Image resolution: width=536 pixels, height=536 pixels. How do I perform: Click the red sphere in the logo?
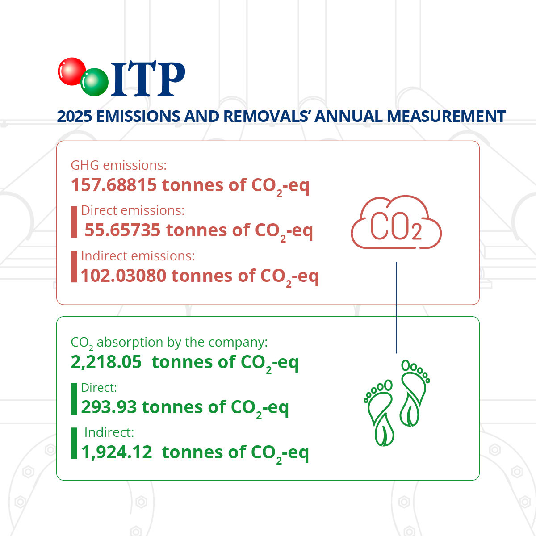[71, 71]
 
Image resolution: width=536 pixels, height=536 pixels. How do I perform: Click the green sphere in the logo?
[94, 82]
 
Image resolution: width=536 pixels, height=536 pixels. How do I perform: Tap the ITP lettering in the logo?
[148, 79]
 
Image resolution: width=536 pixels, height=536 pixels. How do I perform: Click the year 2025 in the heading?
[74, 116]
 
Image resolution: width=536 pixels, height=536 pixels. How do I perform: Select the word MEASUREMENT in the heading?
[446, 116]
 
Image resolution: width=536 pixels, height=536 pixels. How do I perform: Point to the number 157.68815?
[114, 185]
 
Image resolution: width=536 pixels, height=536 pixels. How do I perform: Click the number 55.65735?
[122, 230]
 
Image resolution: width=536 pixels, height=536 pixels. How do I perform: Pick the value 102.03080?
[123, 276]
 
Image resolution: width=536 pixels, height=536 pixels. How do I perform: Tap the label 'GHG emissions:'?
[119, 165]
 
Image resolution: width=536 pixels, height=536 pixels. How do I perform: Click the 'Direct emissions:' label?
[133, 210]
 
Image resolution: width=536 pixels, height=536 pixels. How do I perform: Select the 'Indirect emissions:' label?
[138, 256]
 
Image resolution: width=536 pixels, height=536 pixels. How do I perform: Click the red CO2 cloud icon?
[396, 222]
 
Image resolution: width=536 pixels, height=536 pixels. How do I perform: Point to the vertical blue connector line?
[396, 307]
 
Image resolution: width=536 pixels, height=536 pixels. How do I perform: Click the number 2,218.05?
[106, 362]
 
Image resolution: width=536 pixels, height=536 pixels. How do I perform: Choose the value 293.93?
[109, 407]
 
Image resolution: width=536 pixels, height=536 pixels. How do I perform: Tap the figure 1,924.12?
[117, 452]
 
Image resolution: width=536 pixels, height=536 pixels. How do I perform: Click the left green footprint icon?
[379, 413]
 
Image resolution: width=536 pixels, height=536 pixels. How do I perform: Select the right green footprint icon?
[415, 393]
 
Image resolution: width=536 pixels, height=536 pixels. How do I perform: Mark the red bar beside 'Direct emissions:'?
[74, 222]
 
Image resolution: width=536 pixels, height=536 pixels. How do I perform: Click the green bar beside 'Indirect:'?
[74, 444]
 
